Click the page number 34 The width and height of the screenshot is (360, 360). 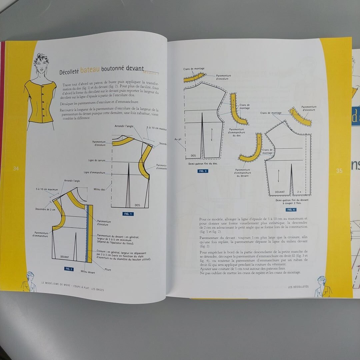[16, 169]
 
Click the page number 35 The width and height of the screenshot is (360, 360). [339, 171]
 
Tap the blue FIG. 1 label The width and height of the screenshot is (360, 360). [128, 214]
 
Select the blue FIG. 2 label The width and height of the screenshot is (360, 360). [69, 269]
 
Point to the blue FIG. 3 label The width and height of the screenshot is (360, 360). [203, 171]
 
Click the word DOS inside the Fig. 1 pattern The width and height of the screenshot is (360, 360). [137, 205]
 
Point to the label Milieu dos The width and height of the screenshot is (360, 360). [99, 189]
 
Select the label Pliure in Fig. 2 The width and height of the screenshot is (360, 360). [107, 270]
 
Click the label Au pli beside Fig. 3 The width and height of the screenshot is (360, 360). [178, 139]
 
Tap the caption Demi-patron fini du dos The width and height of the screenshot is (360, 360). [203, 164]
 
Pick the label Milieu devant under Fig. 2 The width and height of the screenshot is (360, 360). [88, 272]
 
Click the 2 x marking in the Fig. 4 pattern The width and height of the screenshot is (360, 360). [299, 192]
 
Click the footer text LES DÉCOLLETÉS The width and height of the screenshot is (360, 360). [298, 287]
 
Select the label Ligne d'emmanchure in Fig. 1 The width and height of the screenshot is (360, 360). [94, 173]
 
